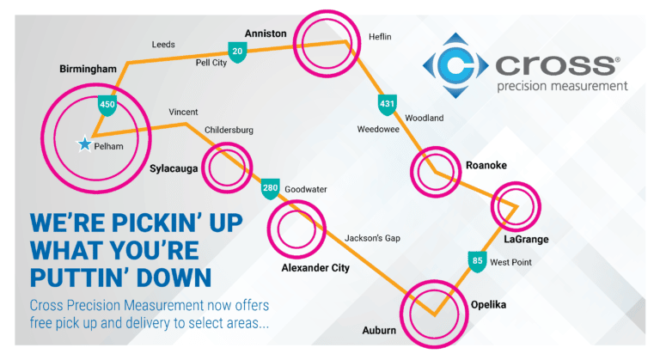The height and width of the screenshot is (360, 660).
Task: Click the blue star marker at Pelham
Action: (84, 144)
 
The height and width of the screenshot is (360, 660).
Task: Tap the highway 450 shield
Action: (107, 105)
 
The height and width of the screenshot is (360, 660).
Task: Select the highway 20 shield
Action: (237, 52)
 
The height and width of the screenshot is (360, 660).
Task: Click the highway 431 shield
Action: (387, 105)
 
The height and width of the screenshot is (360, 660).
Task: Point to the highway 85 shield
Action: (476, 260)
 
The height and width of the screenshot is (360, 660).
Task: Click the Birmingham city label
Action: (88, 69)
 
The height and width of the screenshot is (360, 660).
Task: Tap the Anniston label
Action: (266, 34)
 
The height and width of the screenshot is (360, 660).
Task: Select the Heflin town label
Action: (380, 37)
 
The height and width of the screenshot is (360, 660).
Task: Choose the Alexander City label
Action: (315, 269)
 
